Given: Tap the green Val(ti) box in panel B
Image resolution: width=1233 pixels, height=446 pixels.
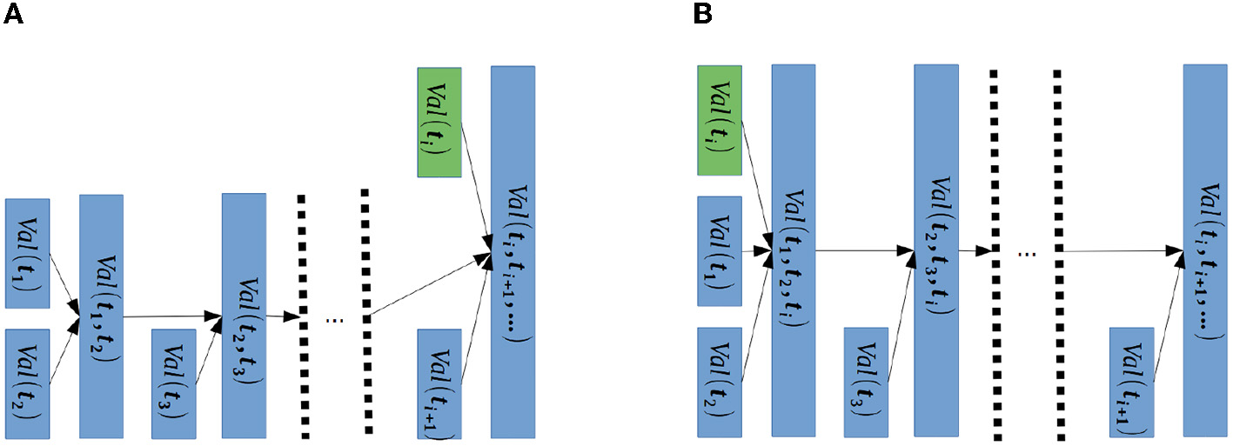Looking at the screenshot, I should [x=720, y=118].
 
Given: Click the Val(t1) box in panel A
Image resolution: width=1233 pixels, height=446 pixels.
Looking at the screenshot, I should [x=27, y=253].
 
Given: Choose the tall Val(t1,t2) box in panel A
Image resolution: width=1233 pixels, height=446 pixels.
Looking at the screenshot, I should [x=101, y=316].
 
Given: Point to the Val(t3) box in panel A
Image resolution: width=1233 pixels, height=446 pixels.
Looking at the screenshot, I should [x=173, y=383].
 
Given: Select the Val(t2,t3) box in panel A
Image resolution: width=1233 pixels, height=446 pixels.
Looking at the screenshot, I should [x=244, y=315].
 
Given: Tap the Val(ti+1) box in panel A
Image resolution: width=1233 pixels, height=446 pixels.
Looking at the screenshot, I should [x=439, y=383].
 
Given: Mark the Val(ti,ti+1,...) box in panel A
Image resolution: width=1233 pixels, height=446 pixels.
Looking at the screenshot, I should [x=513, y=251].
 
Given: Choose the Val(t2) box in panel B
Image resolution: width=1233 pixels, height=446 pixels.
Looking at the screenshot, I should [x=720, y=381].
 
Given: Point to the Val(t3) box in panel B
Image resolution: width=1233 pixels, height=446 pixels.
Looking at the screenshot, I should [x=866, y=381].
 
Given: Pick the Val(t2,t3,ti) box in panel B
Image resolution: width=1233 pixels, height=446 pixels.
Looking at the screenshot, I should [x=935, y=250].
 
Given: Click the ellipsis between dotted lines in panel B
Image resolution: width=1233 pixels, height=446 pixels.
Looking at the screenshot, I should [x=1027, y=254].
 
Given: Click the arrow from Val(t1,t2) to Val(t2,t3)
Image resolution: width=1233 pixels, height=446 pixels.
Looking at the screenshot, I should [x=172, y=316].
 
